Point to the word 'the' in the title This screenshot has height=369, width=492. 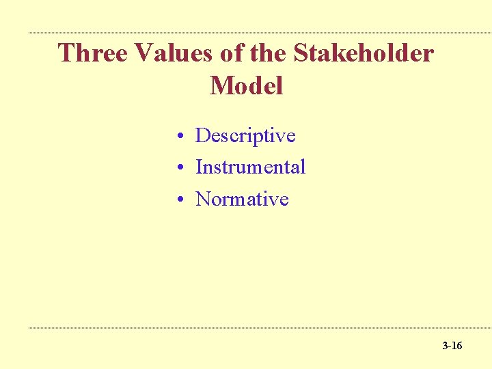pyautogui.click(x=269, y=53)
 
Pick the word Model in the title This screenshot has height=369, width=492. pyautogui.click(x=246, y=86)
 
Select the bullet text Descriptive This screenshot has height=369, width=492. pyautogui.click(x=245, y=135)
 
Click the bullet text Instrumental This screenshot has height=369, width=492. pyautogui.click(x=250, y=167)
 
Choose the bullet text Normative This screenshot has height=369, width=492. pyautogui.click(x=242, y=199)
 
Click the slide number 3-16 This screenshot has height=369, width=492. pyautogui.click(x=452, y=346)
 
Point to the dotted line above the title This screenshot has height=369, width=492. pyautogui.click(x=260, y=33)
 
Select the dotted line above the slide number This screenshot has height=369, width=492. pyautogui.click(x=260, y=328)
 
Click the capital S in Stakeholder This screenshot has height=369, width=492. pyautogui.click(x=306, y=53)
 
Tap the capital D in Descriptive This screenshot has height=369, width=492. pyautogui.click(x=202, y=135)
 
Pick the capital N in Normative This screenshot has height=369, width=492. pyautogui.click(x=203, y=199)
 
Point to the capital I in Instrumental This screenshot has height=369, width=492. pyautogui.click(x=199, y=167)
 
